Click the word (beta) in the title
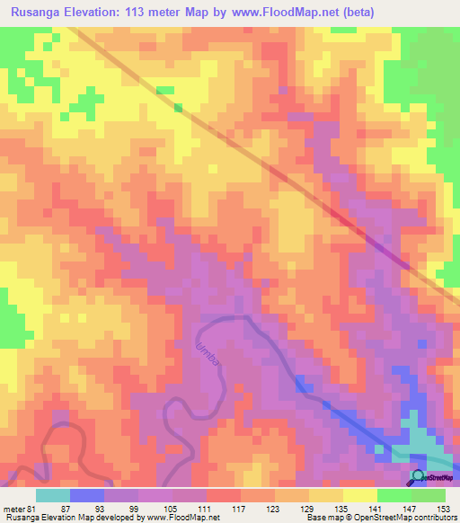(x=355, y=12)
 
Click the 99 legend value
(x=133, y=508)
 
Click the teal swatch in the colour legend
(x=52, y=495)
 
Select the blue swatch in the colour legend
(x=86, y=495)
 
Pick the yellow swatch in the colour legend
(x=358, y=495)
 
